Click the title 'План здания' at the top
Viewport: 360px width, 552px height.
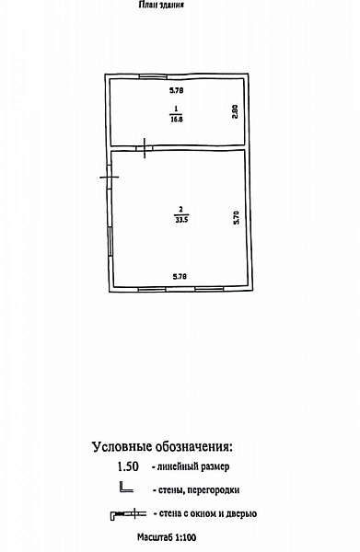point(161,5)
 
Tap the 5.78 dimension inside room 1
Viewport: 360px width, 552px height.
point(176,90)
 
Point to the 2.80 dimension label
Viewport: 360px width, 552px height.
point(236,111)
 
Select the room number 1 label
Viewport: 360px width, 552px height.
point(176,109)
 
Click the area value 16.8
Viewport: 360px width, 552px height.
point(176,119)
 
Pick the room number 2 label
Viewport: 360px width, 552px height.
point(181,210)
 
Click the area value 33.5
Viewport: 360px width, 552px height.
point(181,220)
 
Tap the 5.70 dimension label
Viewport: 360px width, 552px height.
point(237,217)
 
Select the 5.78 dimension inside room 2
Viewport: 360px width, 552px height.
point(180,277)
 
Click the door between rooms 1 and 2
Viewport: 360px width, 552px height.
point(145,148)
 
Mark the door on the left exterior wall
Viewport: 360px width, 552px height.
point(110,177)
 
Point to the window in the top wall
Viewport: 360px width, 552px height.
point(153,75)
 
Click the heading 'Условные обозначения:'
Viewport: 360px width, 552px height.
point(162,447)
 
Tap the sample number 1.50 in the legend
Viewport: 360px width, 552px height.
point(128,466)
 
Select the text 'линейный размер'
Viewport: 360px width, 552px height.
point(193,467)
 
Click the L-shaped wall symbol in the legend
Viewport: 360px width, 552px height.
point(126,487)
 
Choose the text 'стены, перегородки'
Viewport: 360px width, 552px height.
point(199,490)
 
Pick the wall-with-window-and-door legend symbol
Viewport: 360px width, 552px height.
point(128,514)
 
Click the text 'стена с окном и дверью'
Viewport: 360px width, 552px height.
point(208,513)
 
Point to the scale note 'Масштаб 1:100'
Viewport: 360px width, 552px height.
point(167,537)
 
